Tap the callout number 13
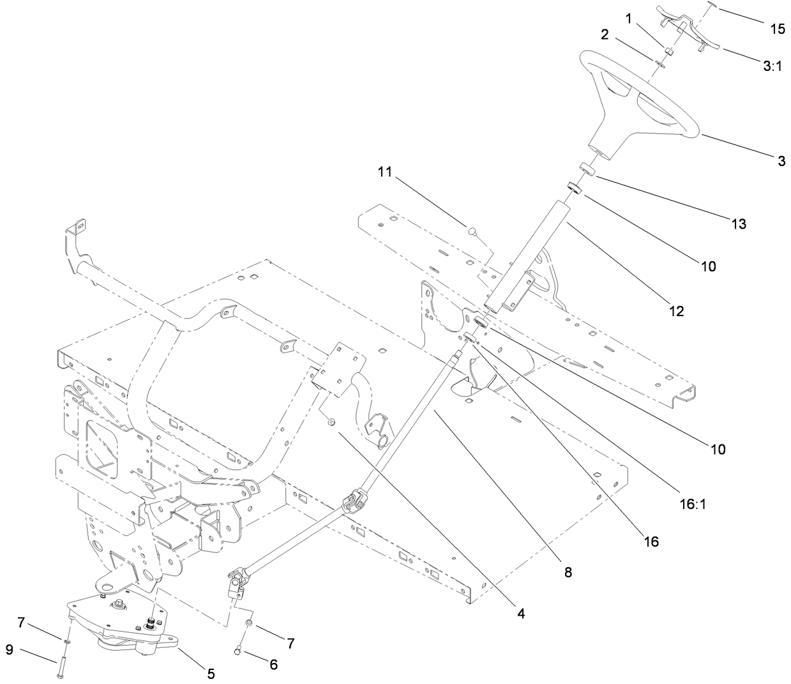(739, 224)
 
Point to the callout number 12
(676, 311)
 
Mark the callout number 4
(521, 614)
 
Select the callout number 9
(10, 650)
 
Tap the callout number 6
(273, 665)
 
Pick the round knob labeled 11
(473, 231)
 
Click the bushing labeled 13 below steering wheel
(587, 171)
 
